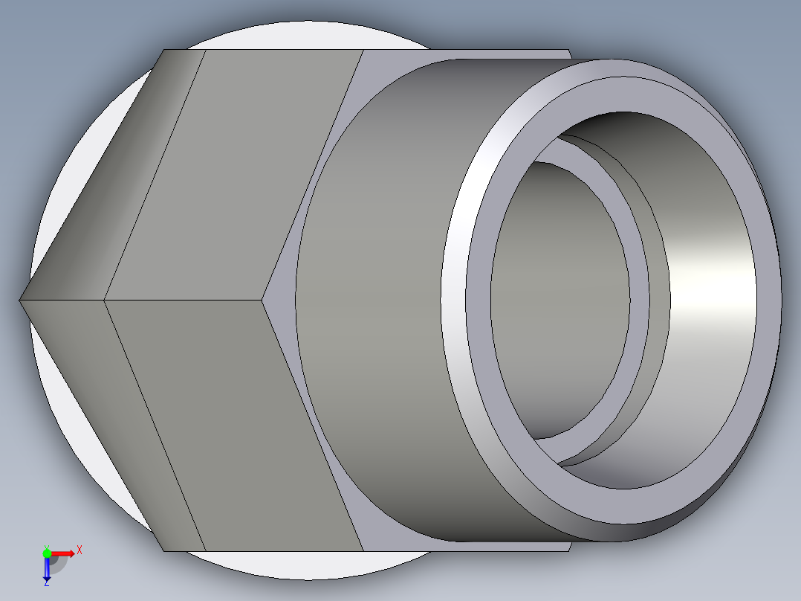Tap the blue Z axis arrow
click(46, 570)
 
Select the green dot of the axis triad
click(47, 553)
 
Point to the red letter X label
click(80, 550)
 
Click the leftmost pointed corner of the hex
click(20, 300)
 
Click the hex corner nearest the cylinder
click(264, 300)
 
